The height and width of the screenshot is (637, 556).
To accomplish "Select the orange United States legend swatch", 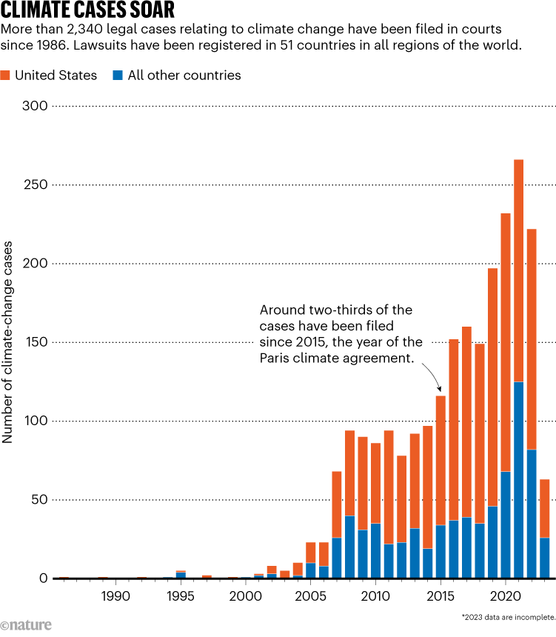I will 6,75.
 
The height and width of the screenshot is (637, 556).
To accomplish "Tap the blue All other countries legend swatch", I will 118,75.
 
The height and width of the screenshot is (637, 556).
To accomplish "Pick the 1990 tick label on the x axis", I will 115,596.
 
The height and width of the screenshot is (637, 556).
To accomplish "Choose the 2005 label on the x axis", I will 310,596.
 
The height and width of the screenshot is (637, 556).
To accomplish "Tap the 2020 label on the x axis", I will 506,596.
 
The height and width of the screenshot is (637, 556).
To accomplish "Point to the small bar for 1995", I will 181,574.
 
